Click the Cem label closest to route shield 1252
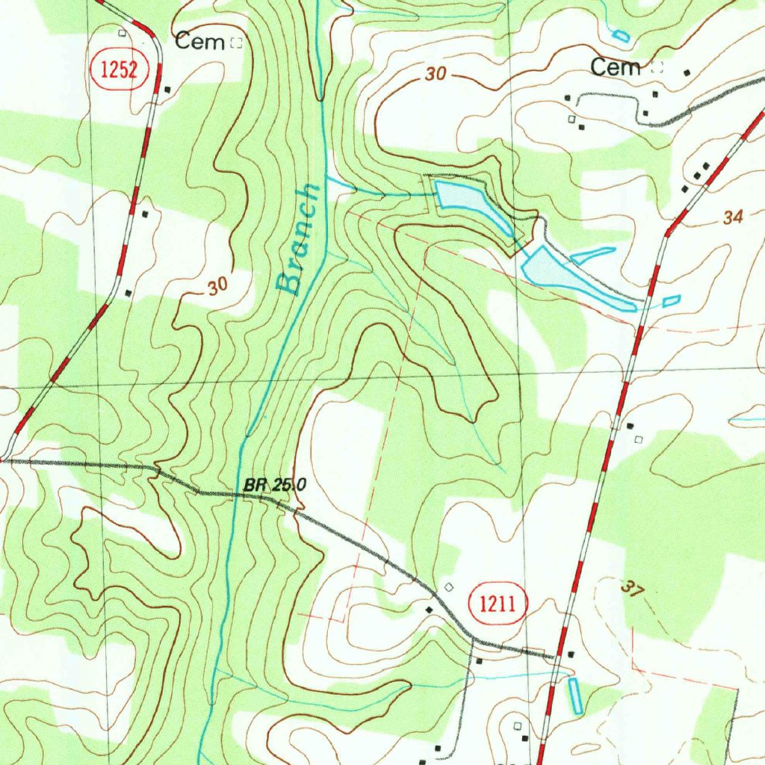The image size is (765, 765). coord(199,42)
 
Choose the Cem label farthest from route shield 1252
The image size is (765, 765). coord(616,67)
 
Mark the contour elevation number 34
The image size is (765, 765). coord(734,217)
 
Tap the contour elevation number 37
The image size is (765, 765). coord(631,588)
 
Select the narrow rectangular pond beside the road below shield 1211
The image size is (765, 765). coord(575,695)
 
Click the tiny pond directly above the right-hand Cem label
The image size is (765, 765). coord(620,34)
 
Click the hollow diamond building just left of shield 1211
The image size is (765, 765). coord(448,587)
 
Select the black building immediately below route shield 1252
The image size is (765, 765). coord(167,90)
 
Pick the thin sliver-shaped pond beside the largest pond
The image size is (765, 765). coord(593,255)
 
